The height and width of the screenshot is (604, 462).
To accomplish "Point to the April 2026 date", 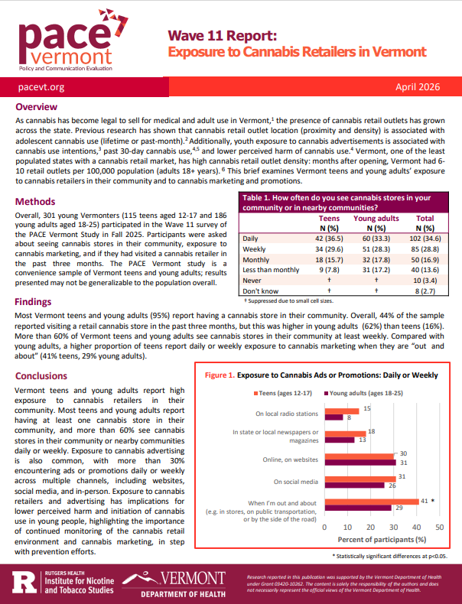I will [418, 86].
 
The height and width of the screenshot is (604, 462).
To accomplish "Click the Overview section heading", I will [37, 106].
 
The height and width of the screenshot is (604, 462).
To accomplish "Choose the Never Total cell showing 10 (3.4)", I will [424, 281].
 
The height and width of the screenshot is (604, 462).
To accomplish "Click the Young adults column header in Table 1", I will [376, 218].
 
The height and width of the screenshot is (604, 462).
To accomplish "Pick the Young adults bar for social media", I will [354, 485].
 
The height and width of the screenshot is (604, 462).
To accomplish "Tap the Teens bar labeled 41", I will [371, 501].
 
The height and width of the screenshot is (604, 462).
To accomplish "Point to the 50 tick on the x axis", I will [439, 528].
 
